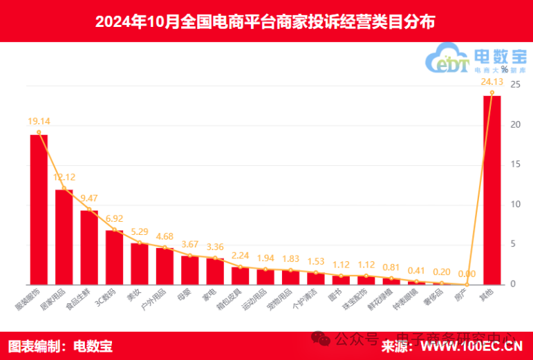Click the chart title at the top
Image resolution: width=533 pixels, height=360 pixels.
coord(265,21)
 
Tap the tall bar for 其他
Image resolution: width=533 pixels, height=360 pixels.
coord(492,190)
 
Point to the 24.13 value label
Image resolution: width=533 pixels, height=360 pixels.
coord(492,82)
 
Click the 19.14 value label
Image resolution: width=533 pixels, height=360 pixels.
coord(39,121)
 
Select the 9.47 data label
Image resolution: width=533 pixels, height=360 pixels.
coord(90,198)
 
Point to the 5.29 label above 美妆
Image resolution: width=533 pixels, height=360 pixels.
coord(140,231)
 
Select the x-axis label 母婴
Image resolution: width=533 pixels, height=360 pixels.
coord(185,293)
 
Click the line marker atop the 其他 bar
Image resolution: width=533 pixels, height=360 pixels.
coord(492,93)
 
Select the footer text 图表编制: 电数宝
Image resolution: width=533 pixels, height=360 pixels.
coord(60,345)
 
